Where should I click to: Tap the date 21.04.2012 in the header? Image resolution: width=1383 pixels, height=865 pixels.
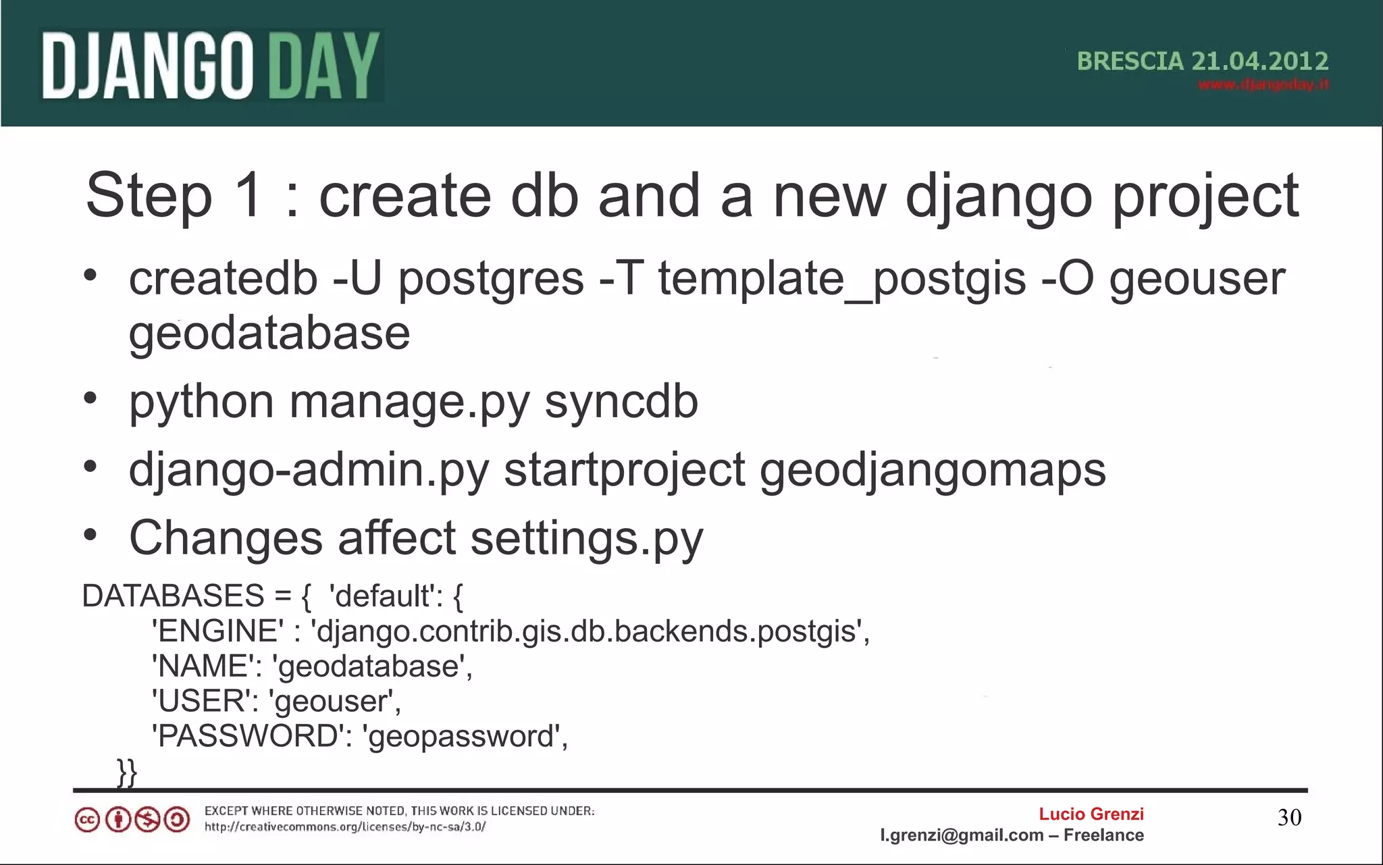tap(1259, 61)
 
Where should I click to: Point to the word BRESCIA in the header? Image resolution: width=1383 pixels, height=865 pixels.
tap(1130, 61)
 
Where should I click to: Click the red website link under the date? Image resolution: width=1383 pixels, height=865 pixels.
tap(1263, 85)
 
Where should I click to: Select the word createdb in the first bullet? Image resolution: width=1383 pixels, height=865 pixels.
tap(223, 278)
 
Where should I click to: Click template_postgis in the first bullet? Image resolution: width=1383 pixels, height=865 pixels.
tap(841, 278)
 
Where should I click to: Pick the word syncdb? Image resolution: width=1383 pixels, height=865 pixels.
tap(621, 401)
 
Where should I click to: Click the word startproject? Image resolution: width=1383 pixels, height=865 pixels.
tap(625, 470)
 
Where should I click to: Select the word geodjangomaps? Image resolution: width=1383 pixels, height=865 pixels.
tap(933, 470)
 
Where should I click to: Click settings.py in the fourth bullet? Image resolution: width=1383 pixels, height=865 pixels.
tap(586, 539)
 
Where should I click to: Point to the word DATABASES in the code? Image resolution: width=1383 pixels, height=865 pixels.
tap(173, 596)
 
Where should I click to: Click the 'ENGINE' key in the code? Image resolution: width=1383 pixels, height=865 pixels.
tap(218, 631)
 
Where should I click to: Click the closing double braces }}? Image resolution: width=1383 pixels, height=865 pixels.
tap(127, 772)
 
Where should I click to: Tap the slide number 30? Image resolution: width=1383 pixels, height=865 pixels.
tap(1289, 818)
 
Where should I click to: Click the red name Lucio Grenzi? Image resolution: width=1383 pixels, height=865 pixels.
tap(1091, 814)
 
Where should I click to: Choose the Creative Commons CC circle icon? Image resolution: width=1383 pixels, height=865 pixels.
tap(87, 820)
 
